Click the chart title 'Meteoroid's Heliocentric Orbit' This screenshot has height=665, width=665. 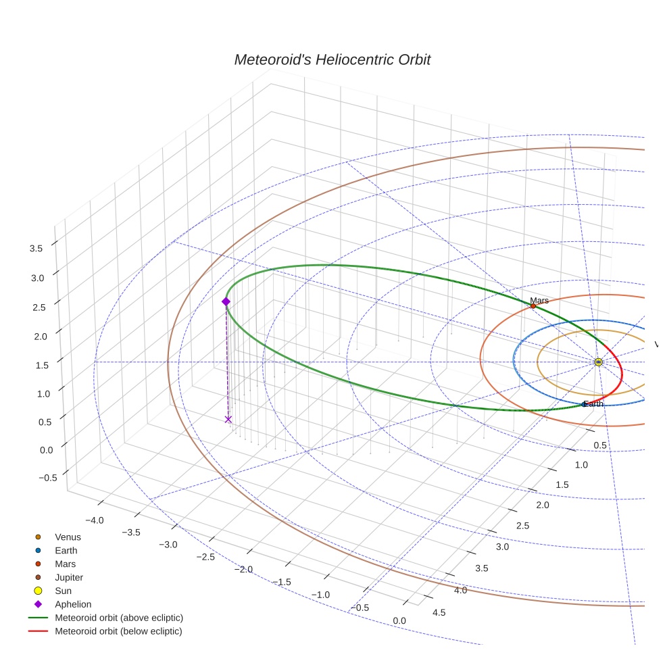tap(332, 59)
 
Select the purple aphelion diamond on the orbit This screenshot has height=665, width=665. tap(226, 301)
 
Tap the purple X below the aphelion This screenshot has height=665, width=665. tap(228, 420)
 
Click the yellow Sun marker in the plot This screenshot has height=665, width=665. tap(598, 362)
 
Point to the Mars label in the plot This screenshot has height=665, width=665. tap(539, 300)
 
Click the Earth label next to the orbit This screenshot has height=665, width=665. tap(593, 404)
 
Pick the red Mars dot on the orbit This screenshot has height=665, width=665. tap(533, 306)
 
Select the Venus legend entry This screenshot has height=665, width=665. tap(68, 537)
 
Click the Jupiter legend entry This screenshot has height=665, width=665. tap(70, 578)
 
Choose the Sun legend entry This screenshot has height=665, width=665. tap(63, 591)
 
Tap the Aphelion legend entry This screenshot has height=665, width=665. tap(73, 605)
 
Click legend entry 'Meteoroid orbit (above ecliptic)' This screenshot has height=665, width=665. tap(119, 618)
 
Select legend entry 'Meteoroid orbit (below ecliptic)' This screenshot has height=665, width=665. tap(118, 632)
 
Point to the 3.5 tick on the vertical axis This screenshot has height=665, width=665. tap(36, 249)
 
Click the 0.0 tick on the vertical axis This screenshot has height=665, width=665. tap(36, 450)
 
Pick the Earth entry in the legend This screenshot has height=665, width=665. tap(66, 551)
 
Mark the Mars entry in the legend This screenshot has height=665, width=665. tap(65, 564)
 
